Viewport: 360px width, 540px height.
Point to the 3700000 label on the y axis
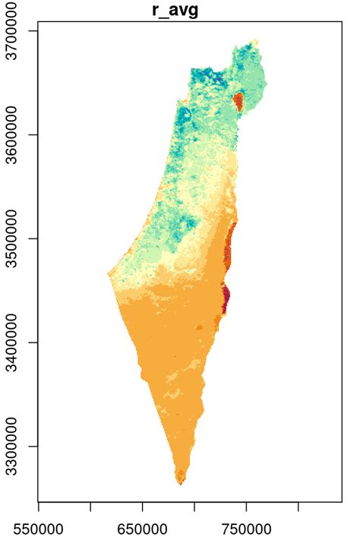coord(16,31)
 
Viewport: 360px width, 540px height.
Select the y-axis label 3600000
coord(16,135)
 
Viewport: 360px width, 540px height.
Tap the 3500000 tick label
coord(16,239)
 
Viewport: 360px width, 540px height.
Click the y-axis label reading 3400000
coord(16,343)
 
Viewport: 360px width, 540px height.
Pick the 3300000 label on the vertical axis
coord(16,447)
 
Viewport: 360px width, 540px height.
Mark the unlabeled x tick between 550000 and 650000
coord(91,505)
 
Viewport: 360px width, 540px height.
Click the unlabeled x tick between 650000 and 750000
coord(195,505)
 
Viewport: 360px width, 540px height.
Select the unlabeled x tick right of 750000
coord(298,505)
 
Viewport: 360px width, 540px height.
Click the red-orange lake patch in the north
coord(238,101)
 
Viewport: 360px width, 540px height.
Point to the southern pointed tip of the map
coord(181,483)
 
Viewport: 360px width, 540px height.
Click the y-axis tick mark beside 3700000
coord(34,31)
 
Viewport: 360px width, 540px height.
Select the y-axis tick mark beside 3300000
coord(34,447)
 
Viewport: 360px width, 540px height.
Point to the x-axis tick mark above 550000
coord(39,505)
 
